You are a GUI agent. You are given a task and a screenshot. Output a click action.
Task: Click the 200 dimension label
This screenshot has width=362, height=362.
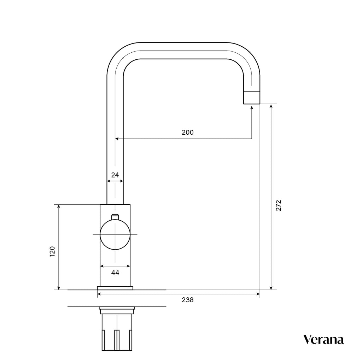coord(187,133)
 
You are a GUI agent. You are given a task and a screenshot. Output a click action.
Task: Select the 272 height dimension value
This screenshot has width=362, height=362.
coord(278,205)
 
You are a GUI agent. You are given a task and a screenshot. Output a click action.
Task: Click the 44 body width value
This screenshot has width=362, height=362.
coord(115,273)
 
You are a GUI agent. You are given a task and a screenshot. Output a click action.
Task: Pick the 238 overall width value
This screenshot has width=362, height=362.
coord(187,300)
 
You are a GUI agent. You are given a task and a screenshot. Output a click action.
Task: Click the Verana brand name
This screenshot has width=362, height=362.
coord(323,340)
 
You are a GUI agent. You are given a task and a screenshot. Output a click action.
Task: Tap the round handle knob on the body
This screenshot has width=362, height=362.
coord(115,234)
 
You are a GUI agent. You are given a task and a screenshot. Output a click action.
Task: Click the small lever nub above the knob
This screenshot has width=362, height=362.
coord(115,217)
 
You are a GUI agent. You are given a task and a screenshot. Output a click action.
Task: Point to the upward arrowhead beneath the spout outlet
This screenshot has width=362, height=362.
coord(251,107)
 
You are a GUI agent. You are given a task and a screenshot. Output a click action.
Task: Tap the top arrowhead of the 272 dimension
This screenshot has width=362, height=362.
coord(271,106)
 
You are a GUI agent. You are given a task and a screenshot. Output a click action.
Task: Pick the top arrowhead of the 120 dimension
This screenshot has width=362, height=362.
coord(59,206)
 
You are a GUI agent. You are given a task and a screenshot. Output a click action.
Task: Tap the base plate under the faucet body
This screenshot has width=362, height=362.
coord(115,288)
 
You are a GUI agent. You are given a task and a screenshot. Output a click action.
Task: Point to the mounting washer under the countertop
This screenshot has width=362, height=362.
coord(117,311)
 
